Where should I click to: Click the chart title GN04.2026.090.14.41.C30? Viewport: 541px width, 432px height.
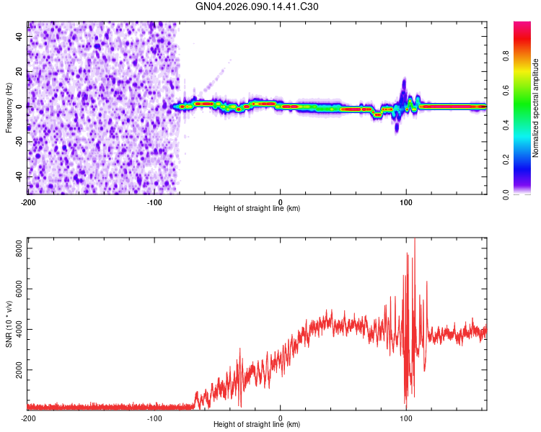tap(258, 6)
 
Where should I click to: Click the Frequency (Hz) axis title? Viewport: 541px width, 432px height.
tap(9, 107)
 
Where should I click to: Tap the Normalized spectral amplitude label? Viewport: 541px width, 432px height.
tap(536, 107)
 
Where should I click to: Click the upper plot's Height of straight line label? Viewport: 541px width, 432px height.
tap(257, 209)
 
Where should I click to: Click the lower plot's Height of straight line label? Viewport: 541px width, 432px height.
tap(257, 425)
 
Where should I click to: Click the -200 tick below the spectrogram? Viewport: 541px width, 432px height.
tap(28, 202)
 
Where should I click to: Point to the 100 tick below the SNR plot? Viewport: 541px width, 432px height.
tap(406, 418)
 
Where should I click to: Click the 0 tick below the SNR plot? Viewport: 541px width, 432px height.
tap(281, 418)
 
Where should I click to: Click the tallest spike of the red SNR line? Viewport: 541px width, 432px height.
tap(414, 240)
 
